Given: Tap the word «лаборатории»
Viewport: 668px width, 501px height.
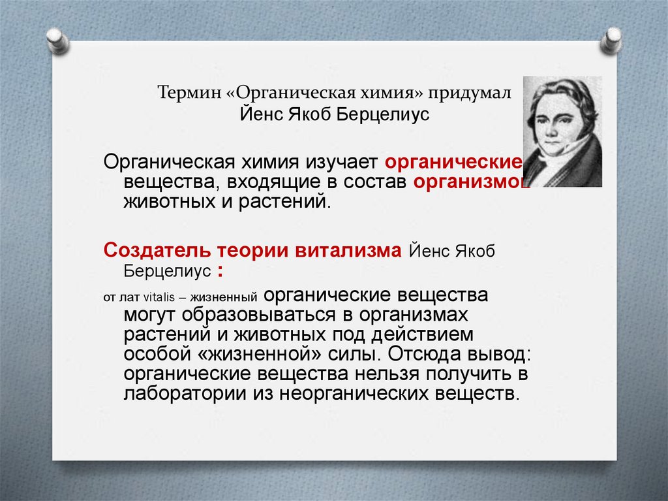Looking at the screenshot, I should point(180,395).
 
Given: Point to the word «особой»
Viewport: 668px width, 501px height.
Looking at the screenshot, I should point(152,355).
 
